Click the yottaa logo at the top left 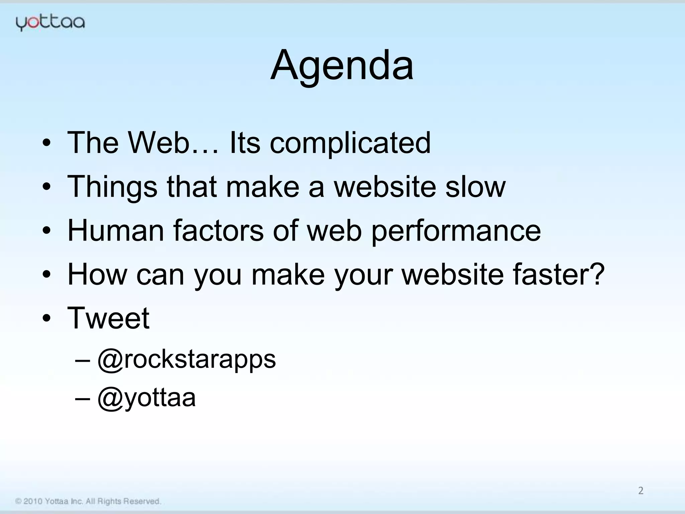(50, 23)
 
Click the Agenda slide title (342, 65)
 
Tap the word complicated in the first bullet (350, 143)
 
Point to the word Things (112, 187)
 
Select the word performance (456, 232)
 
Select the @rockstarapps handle (187, 360)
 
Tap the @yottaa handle (146, 398)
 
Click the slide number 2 (641, 491)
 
